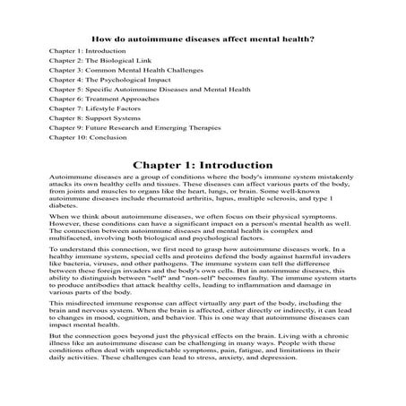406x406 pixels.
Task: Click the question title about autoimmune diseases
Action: click(203, 39)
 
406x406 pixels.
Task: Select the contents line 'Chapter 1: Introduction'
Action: click(87, 53)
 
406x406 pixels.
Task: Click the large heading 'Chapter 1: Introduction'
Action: click(203, 166)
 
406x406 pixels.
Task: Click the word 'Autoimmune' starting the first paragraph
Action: click(69, 180)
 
